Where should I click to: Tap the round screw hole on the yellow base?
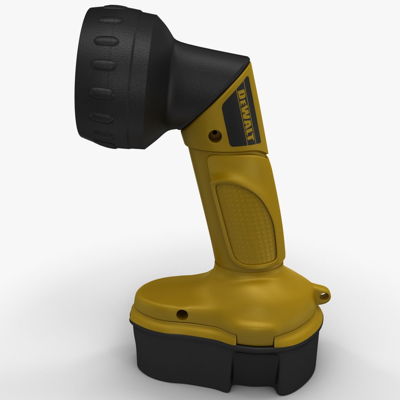pos(182,314)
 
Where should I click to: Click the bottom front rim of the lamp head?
pos(111,144)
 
